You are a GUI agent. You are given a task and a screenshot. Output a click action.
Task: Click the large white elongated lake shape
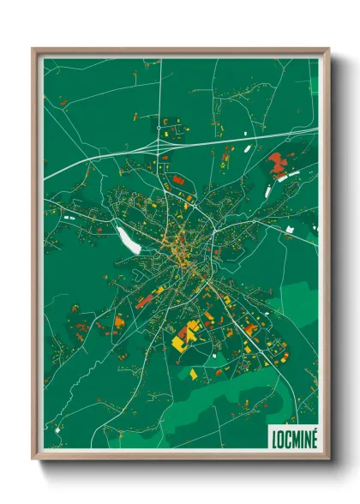click(127, 235)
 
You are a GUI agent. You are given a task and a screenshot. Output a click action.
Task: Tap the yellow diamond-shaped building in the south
click(193, 375)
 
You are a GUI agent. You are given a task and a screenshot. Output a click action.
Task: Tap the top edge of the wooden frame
click(180, 50)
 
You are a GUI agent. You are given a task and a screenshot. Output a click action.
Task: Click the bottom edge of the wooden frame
click(180, 457)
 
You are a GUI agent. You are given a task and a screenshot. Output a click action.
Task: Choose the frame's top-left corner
click(35, 50)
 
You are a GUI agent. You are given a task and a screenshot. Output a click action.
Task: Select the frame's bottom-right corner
click(327, 457)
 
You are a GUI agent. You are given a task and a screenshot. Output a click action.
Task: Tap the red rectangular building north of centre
click(177, 180)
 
